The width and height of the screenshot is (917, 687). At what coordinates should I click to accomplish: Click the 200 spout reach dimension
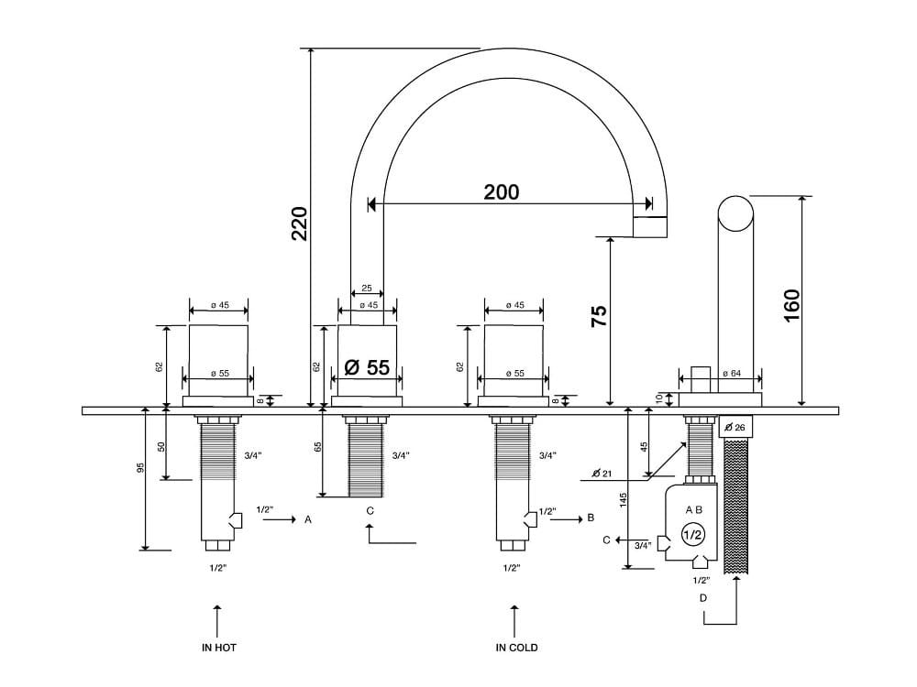(x=502, y=192)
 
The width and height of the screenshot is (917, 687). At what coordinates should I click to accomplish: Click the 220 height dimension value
(x=300, y=224)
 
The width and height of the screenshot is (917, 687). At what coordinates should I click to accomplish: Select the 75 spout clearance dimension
(x=598, y=316)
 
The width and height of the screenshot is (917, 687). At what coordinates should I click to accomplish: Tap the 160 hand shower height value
(x=791, y=305)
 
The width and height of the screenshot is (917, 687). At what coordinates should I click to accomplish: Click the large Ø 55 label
(x=367, y=368)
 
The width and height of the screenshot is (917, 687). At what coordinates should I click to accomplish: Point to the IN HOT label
(x=219, y=648)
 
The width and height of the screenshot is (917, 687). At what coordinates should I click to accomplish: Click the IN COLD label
(x=516, y=648)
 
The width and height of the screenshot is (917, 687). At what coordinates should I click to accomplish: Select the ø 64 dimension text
(x=732, y=374)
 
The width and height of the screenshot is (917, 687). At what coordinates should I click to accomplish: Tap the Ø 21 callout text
(x=602, y=473)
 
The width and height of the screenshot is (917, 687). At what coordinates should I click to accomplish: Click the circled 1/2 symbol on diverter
(x=693, y=534)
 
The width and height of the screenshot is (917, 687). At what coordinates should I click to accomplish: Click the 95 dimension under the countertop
(x=140, y=469)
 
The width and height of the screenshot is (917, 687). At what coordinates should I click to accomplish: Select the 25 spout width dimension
(x=367, y=288)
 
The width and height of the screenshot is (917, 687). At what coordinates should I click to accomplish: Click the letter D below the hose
(x=703, y=598)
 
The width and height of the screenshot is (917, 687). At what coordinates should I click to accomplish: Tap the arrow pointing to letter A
(x=279, y=519)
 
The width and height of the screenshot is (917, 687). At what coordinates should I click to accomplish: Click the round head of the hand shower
(x=735, y=214)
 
